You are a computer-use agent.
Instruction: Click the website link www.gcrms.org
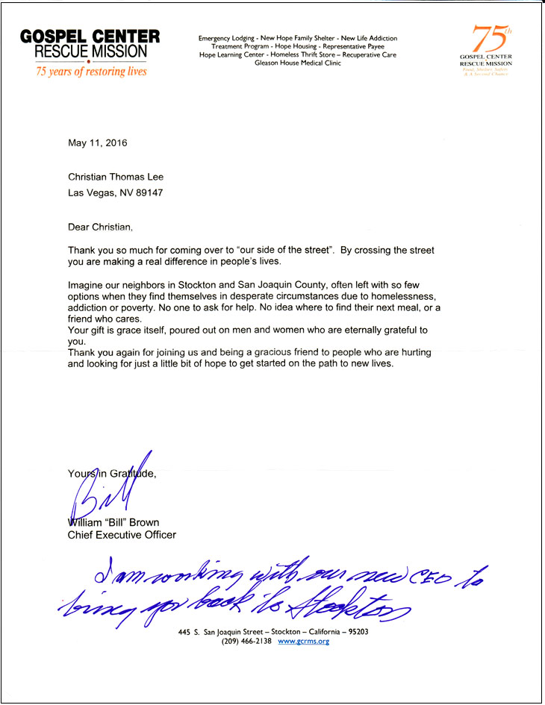click(303, 641)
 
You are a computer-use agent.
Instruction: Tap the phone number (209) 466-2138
click(246, 641)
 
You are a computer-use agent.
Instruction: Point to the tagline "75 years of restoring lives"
click(92, 72)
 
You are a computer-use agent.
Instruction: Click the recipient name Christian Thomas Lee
click(116, 177)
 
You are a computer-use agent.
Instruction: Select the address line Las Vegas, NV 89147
click(115, 192)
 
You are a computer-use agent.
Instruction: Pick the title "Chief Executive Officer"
click(122, 535)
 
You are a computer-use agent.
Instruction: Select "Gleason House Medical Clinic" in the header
click(297, 63)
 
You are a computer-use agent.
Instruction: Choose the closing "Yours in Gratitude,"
click(112, 473)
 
